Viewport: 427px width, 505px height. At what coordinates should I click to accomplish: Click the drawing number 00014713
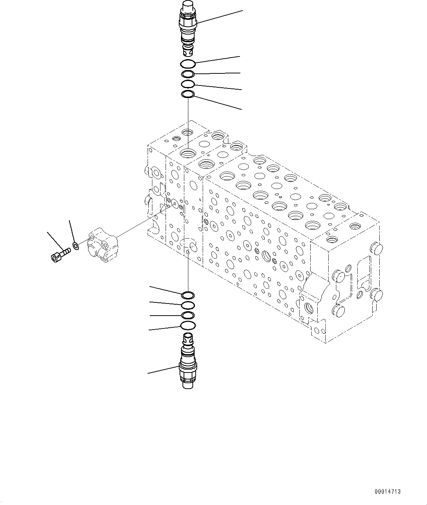click(387, 491)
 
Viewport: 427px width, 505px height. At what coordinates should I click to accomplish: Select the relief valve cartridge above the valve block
click(188, 28)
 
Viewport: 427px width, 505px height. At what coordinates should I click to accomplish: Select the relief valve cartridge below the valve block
click(188, 362)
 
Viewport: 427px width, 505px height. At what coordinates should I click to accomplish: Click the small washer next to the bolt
click(76, 246)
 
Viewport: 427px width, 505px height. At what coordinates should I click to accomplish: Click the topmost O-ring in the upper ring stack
click(188, 64)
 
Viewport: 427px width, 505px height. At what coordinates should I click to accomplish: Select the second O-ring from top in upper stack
click(188, 75)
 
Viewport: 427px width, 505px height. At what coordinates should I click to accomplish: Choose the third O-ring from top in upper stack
click(188, 84)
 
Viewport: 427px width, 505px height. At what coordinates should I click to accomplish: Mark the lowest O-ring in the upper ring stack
click(188, 95)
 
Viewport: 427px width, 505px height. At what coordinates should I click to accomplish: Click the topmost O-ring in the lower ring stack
click(188, 295)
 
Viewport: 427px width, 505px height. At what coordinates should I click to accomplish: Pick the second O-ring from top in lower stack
click(188, 305)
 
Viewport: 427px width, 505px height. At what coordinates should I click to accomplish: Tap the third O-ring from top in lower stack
click(188, 315)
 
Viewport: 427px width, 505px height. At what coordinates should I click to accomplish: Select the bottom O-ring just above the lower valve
click(188, 325)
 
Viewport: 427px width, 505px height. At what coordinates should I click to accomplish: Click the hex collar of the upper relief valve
click(188, 24)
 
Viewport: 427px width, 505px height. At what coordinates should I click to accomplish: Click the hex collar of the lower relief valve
click(188, 366)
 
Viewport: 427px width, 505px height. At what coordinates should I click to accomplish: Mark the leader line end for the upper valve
click(243, 11)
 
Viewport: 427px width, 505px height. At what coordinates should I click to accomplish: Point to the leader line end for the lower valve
click(148, 373)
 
